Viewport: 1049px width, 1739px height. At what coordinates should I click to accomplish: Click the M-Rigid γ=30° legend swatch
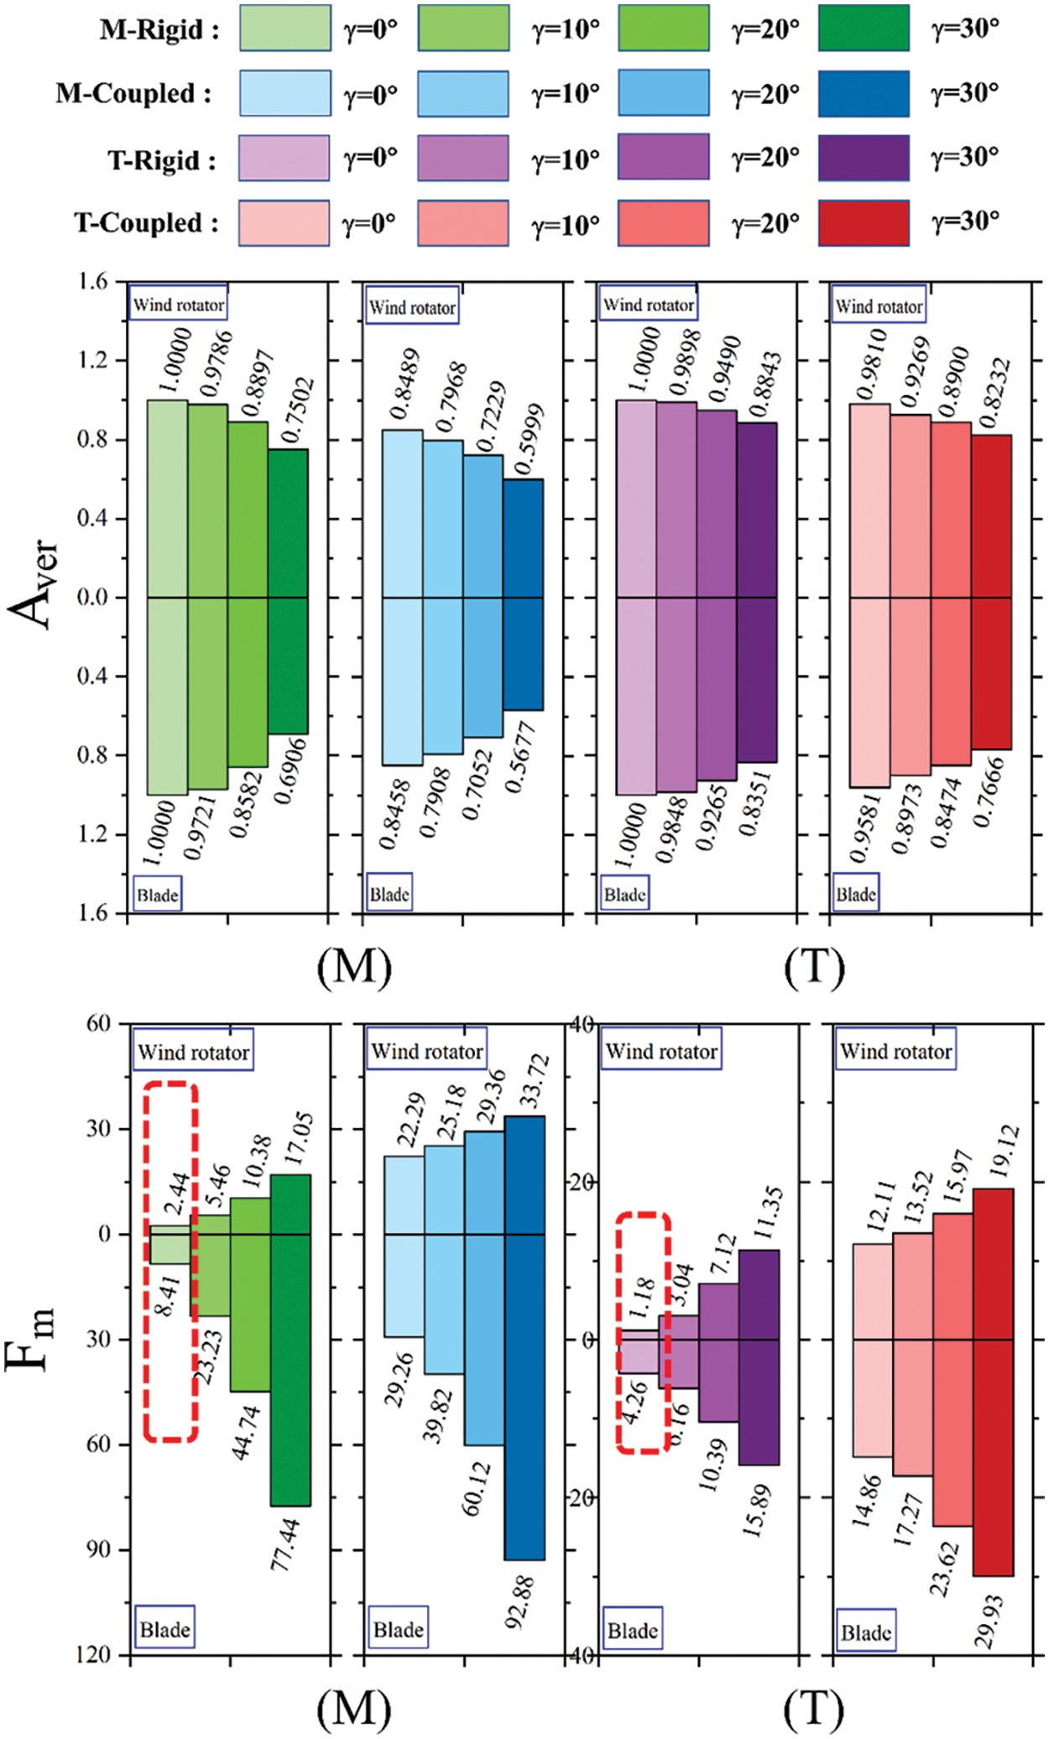pyautogui.click(x=864, y=28)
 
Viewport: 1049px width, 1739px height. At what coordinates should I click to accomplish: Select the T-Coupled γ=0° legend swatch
pyautogui.click(x=284, y=222)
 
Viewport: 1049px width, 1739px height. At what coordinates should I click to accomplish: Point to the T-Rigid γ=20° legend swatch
pyautogui.click(x=663, y=157)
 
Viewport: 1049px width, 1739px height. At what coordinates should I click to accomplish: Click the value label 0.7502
pyautogui.click(x=296, y=410)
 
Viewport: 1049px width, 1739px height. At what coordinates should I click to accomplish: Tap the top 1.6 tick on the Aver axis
pyautogui.click(x=93, y=281)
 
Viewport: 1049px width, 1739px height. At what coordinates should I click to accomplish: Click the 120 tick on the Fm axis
pyautogui.click(x=92, y=1654)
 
